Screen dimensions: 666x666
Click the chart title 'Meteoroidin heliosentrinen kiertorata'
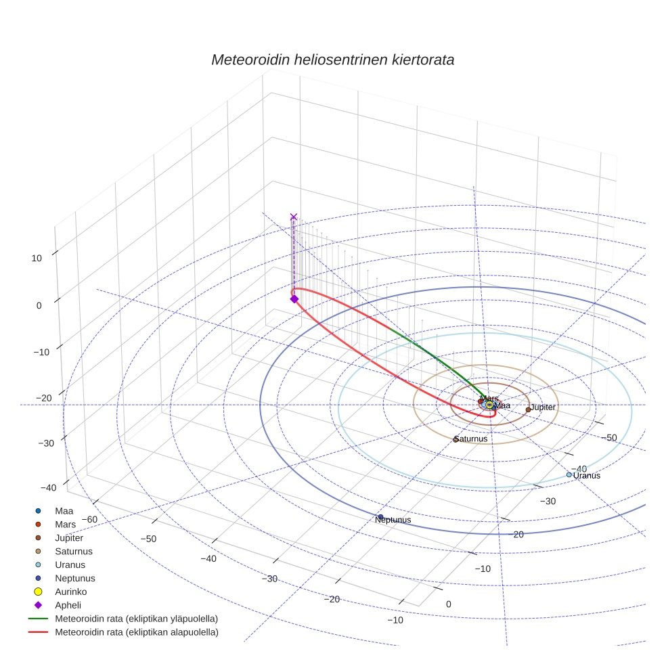(x=332, y=60)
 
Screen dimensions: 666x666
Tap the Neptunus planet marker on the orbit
(x=380, y=517)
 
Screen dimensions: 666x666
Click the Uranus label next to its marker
(x=586, y=476)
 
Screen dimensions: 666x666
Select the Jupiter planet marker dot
(x=528, y=409)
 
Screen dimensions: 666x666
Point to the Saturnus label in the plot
(x=470, y=439)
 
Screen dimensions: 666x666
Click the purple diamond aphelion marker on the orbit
(x=294, y=298)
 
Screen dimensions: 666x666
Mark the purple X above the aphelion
(x=293, y=217)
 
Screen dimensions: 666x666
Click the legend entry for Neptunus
(x=74, y=578)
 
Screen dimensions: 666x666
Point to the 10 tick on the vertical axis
(x=36, y=257)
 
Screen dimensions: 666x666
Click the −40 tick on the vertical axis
(x=47, y=487)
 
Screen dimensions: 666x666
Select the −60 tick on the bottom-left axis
(x=89, y=519)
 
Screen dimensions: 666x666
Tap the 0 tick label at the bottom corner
(x=448, y=604)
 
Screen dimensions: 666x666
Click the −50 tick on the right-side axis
(x=608, y=438)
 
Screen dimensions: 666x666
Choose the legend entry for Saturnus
(x=74, y=551)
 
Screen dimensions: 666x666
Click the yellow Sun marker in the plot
(x=489, y=404)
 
